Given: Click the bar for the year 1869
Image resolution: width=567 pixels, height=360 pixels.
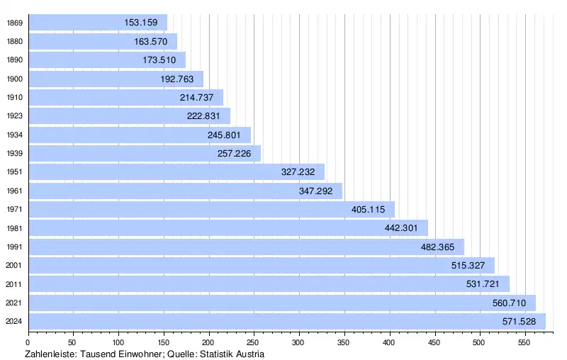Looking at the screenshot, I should tap(97, 23).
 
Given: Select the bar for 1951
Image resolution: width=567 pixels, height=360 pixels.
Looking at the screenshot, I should tap(176, 172).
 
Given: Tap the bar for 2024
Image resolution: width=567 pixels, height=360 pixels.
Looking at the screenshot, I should tap(287, 322).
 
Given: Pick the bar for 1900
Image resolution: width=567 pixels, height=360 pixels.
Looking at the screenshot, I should tap(116, 79).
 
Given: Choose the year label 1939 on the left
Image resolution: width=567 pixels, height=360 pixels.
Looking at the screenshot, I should tap(14, 154).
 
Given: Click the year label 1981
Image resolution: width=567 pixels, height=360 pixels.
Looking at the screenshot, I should tap(14, 228).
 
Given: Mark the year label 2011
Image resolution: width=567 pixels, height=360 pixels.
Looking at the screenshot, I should tap(14, 284).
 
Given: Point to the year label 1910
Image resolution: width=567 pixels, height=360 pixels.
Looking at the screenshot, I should tap(14, 98).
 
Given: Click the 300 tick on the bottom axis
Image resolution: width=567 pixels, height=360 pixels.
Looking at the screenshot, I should tap(299, 342).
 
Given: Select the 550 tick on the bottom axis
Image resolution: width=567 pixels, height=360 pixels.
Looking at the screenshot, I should tap(524, 342).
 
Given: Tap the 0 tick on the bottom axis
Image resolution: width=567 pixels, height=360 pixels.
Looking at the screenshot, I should tap(28, 342).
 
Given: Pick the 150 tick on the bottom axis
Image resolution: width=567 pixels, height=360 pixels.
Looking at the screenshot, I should tap(164, 342).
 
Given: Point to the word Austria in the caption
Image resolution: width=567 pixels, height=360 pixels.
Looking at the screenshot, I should tap(249, 354).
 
